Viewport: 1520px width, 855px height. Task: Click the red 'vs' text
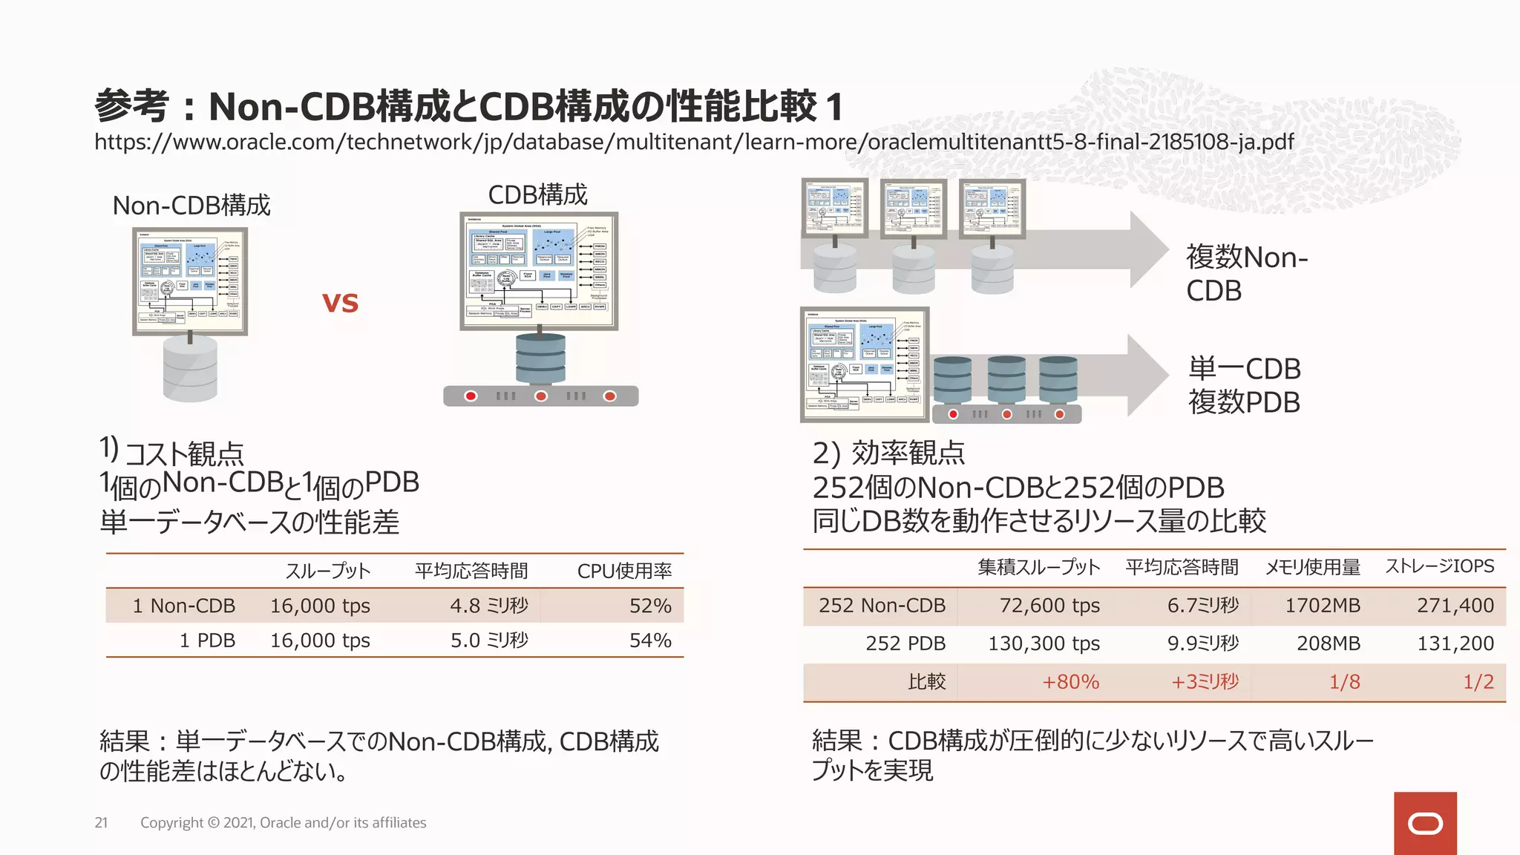(x=340, y=303)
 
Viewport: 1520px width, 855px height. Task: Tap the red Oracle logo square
(x=1424, y=823)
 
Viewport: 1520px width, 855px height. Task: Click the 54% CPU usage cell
(x=650, y=641)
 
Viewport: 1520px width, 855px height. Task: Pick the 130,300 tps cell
(x=1044, y=643)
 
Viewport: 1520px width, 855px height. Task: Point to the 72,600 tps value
(x=1049, y=606)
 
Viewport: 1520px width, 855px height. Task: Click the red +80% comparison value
(x=1070, y=682)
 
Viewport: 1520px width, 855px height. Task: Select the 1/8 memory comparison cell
(x=1344, y=682)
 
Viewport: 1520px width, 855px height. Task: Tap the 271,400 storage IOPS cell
(x=1455, y=606)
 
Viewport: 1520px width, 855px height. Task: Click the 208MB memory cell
(x=1328, y=643)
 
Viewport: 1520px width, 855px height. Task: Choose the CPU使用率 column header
(x=624, y=571)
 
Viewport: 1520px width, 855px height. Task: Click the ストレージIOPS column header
(x=1439, y=566)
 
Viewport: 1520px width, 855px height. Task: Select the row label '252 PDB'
(x=905, y=643)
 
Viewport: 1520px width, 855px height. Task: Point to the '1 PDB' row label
(x=207, y=641)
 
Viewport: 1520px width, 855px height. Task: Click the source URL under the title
(x=694, y=142)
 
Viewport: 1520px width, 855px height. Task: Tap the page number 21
(x=101, y=822)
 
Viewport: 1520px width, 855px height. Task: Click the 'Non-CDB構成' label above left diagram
(x=191, y=206)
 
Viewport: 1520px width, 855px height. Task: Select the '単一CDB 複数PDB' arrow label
(x=1244, y=385)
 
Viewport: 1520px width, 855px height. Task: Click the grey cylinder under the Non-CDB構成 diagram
(x=190, y=369)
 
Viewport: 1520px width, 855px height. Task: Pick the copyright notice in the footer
(x=283, y=822)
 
